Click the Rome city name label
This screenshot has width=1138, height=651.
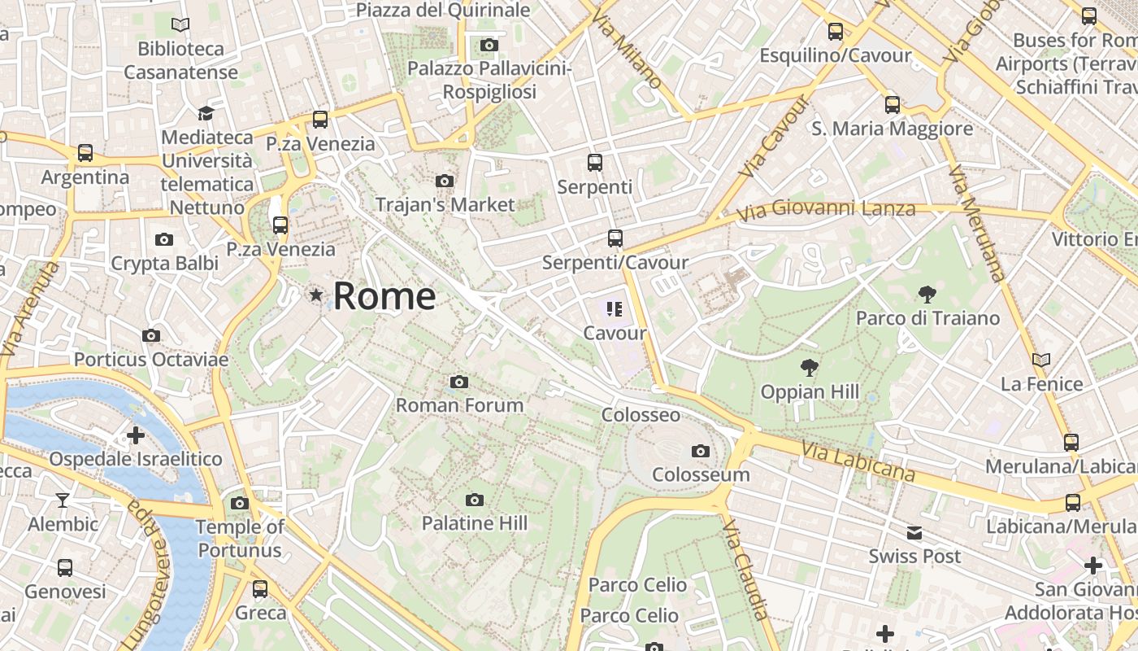[x=384, y=296]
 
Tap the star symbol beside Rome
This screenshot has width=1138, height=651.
[x=316, y=295]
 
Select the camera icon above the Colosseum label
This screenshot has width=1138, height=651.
[x=700, y=451]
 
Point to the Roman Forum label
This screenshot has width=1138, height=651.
[x=459, y=405]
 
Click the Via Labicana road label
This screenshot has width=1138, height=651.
[x=857, y=461]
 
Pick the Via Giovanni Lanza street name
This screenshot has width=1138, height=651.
[x=826, y=211]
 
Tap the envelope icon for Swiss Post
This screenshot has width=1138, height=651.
[x=914, y=533]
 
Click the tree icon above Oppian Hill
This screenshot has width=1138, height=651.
[x=810, y=367]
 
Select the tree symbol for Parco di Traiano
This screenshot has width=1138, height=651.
[x=927, y=294]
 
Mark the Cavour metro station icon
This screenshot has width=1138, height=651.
[x=615, y=309]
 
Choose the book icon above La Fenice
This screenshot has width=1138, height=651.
[x=1040, y=360]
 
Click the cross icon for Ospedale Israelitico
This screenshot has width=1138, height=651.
[x=136, y=435]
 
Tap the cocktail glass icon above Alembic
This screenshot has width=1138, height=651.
[x=63, y=500]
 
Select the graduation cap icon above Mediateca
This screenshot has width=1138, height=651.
[x=206, y=113]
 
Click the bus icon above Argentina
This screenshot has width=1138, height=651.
[x=85, y=153]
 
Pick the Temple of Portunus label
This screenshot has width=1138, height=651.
[x=240, y=539]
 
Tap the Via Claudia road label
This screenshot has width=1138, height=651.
[x=745, y=570]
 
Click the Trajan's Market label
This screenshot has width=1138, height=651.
[x=445, y=204]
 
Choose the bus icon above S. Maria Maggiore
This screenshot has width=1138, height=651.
[x=893, y=104]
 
